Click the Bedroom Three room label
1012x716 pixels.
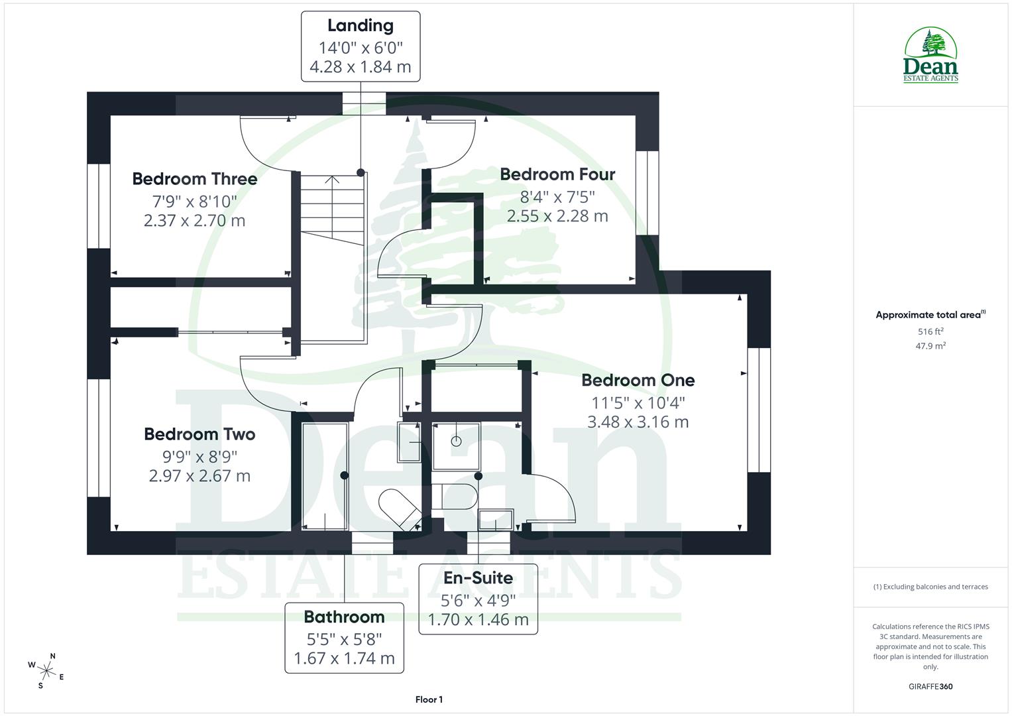(x=194, y=179)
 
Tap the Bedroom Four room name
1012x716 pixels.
(x=557, y=174)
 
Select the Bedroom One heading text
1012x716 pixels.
(x=638, y=381)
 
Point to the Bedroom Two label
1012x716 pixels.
(x=199, y=434)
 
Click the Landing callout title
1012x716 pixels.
(x=360, y=26)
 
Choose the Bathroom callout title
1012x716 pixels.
(x=344, y=617)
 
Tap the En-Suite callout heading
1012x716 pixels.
(x=478, y=578)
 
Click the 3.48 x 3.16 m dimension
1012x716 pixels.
(x=638, y=422)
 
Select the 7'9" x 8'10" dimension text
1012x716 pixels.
(x=194, y=200)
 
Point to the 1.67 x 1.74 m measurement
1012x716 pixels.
(x=344, y=658)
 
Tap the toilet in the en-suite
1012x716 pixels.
(x=453, y=496)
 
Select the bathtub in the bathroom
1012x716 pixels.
(x=325, y=475)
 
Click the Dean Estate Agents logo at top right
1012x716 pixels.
(x=930, y=56)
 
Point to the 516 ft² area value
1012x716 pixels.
(x=930, y=331)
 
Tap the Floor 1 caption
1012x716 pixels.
(x=429, y=699)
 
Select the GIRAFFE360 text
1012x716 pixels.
(x=930, y=687)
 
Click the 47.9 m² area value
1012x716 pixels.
(x=930, y=346)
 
